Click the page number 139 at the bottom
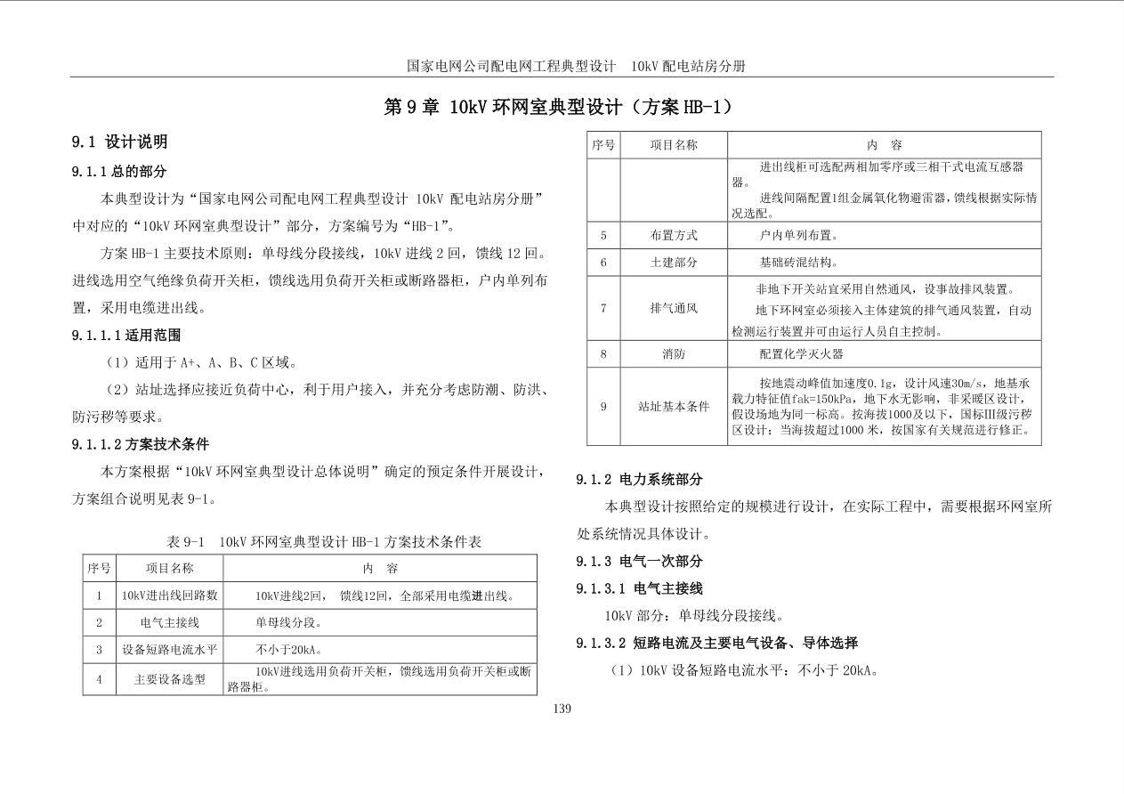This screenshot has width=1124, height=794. [x=562, y=709]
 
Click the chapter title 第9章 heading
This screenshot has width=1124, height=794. [x=562, y=108]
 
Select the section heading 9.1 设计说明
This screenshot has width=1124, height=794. [x=119, y=142]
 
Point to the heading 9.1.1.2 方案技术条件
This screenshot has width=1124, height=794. [x=140, y=444]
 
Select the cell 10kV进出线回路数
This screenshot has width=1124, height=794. [x=169, y=595]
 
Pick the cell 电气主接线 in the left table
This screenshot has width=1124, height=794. [x=169, y=623]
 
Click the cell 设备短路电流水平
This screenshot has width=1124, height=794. [x=169, y=650]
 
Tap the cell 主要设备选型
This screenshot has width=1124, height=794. [x=169, y=679]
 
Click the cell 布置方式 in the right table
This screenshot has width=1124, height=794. [x=674, y=236]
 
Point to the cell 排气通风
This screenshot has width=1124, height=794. [x=674, y=308]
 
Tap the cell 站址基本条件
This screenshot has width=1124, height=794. [x=674, y=407]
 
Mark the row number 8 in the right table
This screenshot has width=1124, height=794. [x=603, y=353]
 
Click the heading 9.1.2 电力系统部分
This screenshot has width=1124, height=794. [x=639, y=480]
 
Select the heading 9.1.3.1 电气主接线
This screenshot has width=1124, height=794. [x=639, y=588]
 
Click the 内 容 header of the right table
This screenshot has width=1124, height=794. [x=883, y=145]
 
